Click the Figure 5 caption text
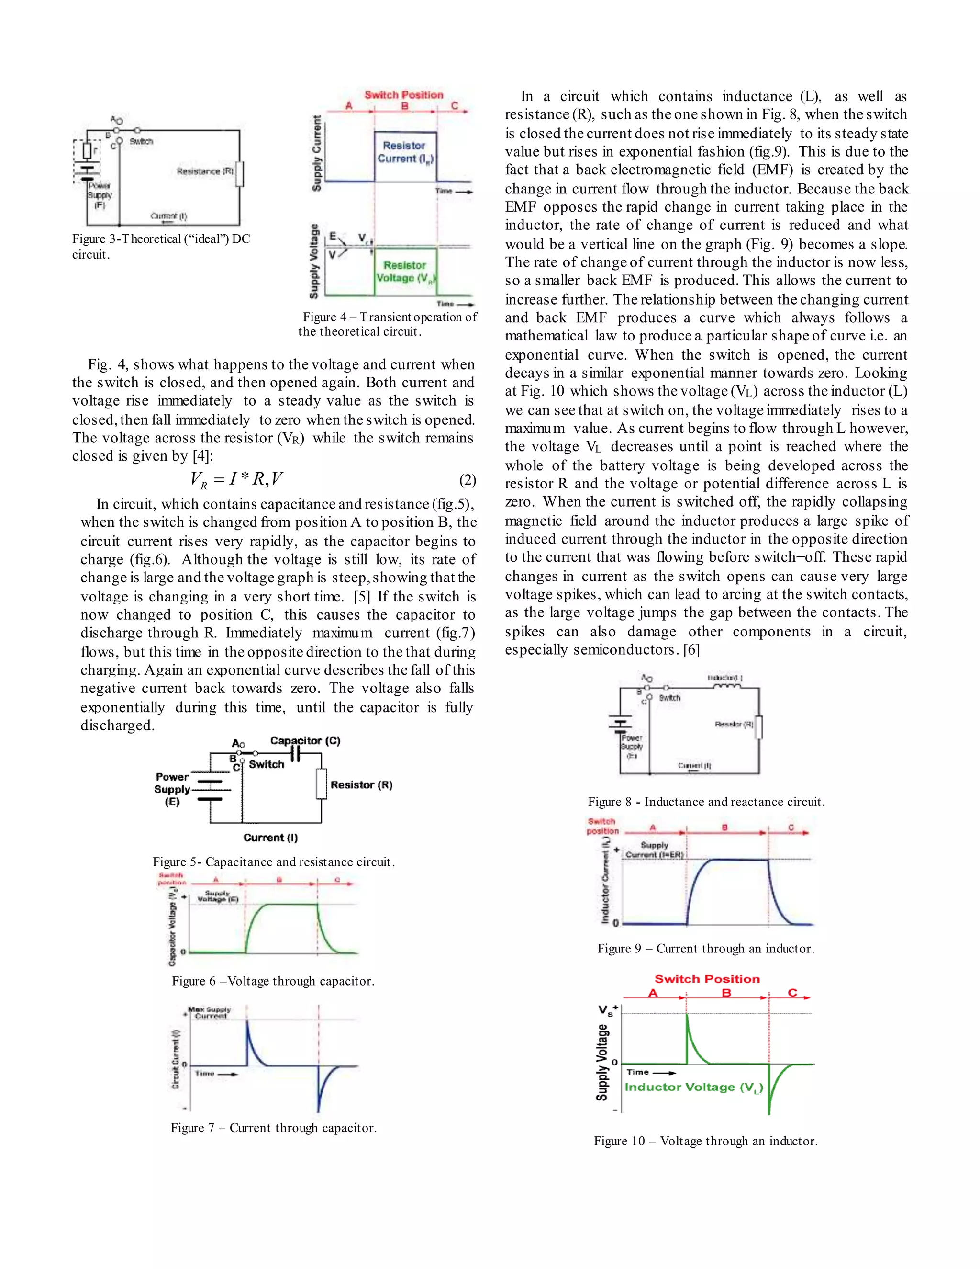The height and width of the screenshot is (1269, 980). [273, 861]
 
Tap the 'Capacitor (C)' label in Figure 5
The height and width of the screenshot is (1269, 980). [305, 741]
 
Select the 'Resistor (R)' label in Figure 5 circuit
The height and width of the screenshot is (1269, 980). [361, 785]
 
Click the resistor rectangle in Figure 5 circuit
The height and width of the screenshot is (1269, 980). [321, 784]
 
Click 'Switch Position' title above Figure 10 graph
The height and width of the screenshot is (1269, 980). [707, 979]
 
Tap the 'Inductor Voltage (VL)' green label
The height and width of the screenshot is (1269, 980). [693, 1087]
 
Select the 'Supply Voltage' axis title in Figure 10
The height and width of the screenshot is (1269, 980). [602, 1062]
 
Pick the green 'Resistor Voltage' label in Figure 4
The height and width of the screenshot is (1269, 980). [405, 272]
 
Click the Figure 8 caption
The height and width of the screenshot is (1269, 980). [706, 802]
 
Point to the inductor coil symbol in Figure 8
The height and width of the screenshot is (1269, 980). [726, 687]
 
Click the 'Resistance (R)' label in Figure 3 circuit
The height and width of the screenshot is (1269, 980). [205, 171]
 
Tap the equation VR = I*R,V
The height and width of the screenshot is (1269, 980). [236, 479]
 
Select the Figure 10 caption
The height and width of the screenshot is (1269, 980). [705, 1141]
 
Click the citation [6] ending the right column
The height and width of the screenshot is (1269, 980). [691, 650]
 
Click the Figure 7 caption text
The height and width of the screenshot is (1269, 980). [273, 1128]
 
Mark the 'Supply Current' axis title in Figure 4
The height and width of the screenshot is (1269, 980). [316, 153]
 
